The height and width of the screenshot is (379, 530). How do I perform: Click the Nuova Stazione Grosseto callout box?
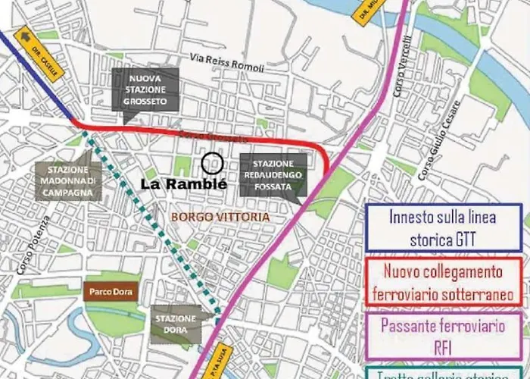pos(145,91)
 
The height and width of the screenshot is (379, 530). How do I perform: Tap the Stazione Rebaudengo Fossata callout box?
pos(274,175)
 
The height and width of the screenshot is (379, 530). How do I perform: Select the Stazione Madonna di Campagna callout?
pos(67,181)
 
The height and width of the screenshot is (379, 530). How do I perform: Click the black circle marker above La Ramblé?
pos(213,161)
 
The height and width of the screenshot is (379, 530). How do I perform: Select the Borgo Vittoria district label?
pos(221,217)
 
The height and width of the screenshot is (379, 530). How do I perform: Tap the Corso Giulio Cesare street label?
pos(440,152)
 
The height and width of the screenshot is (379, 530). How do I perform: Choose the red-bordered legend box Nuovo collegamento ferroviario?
pos(443,281)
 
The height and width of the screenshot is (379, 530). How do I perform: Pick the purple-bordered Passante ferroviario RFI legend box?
pos(443,336)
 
